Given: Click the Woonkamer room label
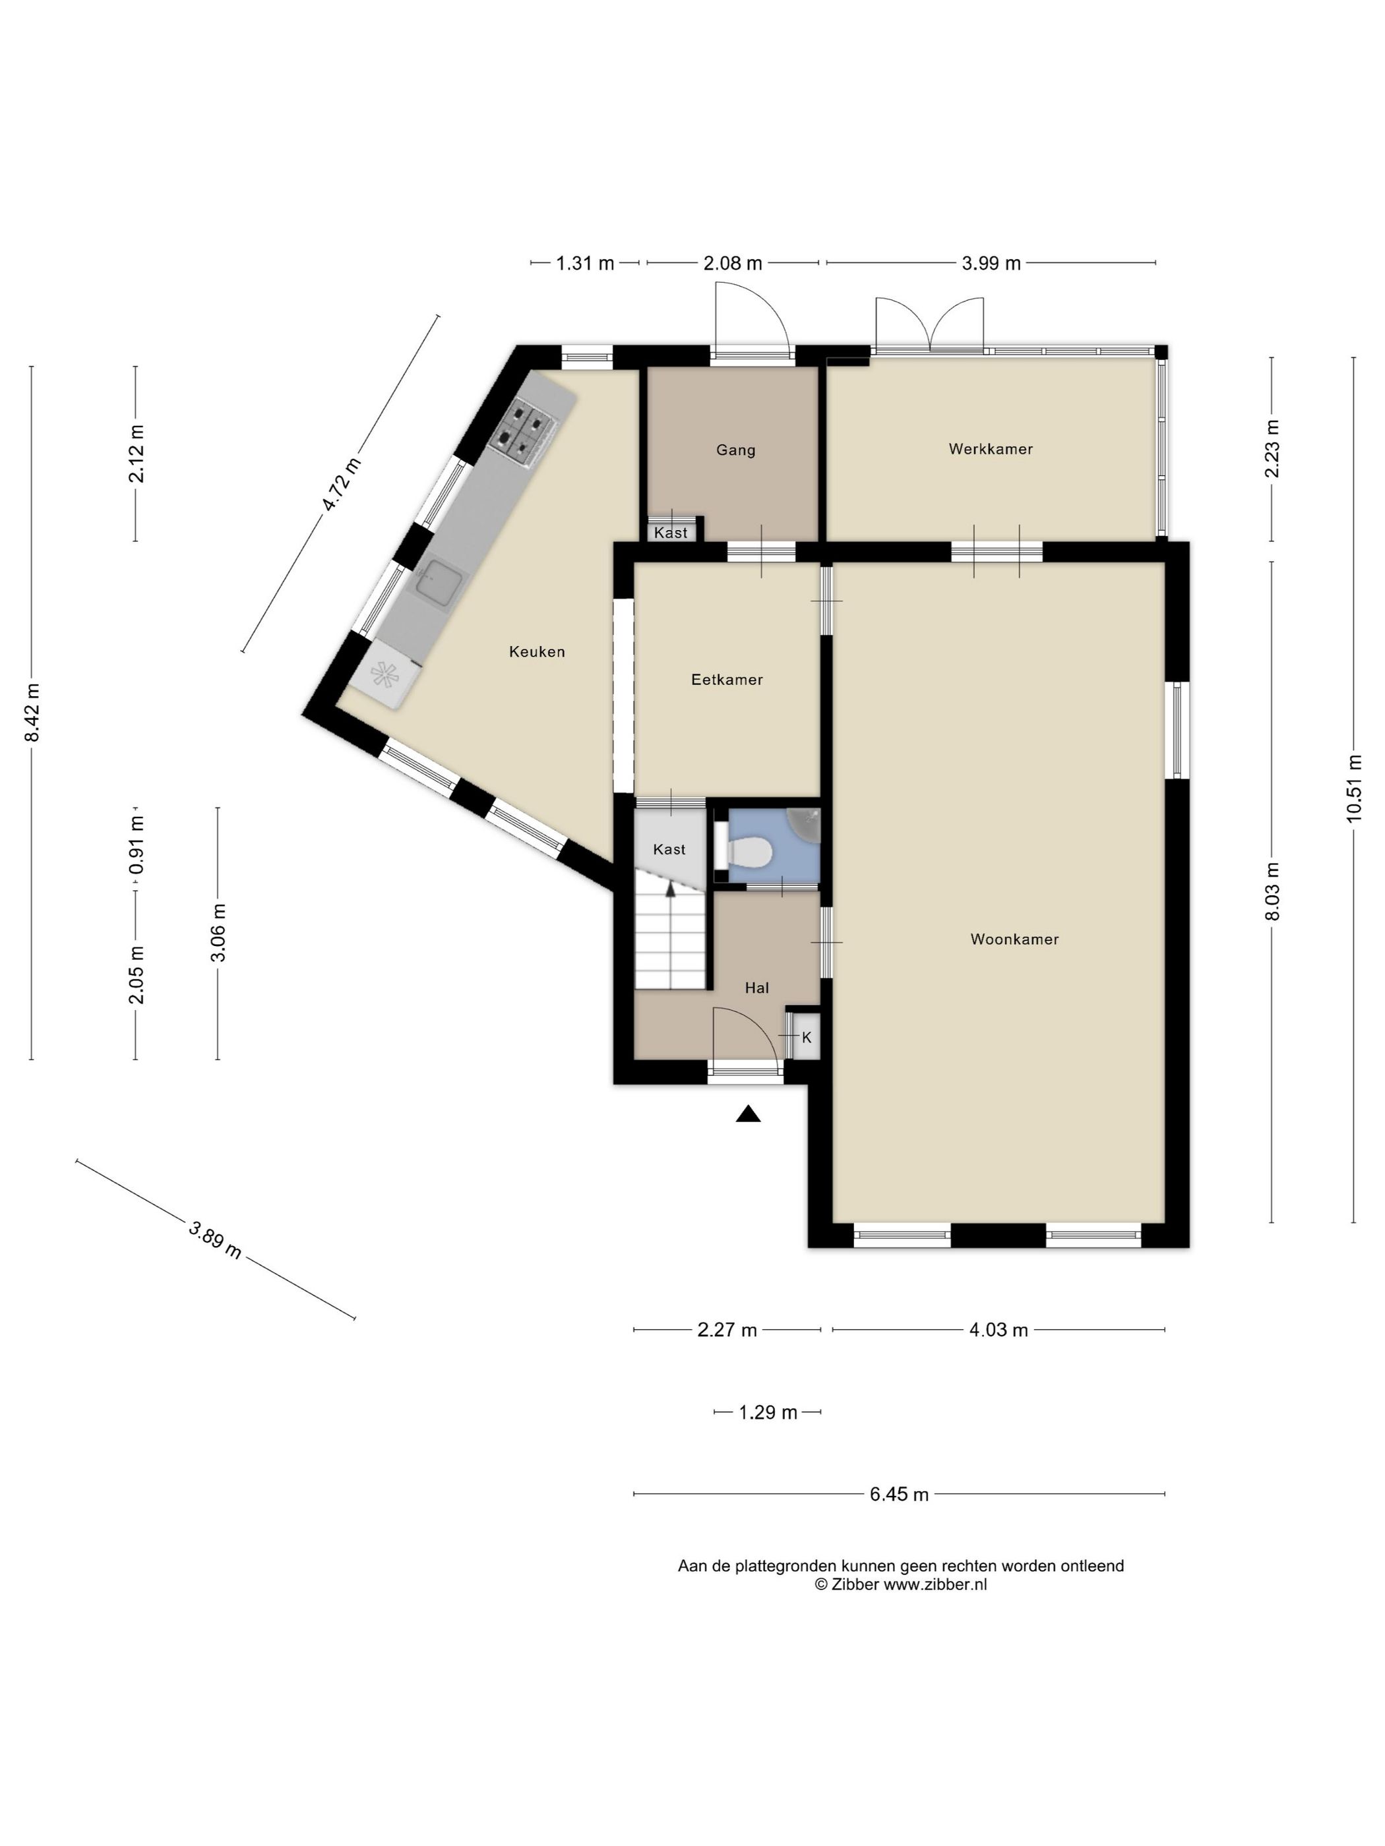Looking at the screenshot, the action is [x=1014, y=939].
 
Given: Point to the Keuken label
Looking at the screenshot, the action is [x=537, y=652].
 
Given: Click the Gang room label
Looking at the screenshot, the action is [x=735, y=450].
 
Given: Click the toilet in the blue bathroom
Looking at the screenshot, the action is [x=748, y=852].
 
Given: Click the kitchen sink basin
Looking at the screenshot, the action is [x=440, y=581].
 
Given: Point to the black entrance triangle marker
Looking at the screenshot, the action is [x=748, y=1114].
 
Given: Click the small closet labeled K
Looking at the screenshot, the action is [x=807, y=1037].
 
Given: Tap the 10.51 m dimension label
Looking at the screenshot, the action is [x=1353, y=788].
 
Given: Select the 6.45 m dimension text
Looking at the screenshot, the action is [x=898, y=1494].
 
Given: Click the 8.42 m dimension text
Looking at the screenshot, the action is [x=32, y=712].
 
